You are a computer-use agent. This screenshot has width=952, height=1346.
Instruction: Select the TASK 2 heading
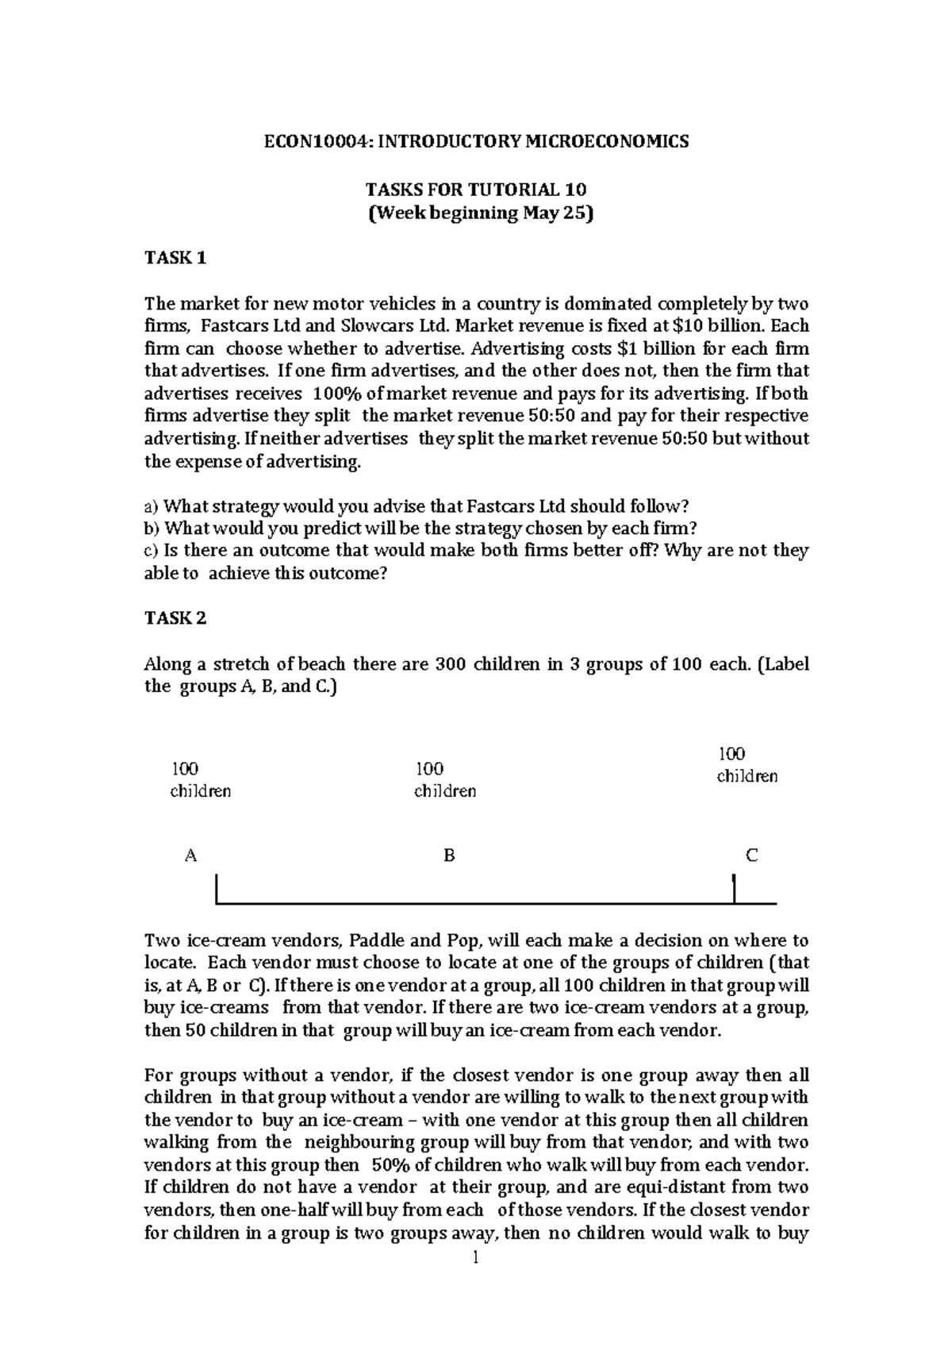tap(175, 618)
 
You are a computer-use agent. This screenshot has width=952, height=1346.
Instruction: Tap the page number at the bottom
tap(475, 1258)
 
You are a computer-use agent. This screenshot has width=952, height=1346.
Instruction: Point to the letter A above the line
tap(190, 856)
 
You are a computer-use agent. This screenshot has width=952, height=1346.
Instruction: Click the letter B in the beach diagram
tap(449, 856)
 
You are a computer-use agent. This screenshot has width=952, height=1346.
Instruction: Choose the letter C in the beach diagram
tap(751, 856)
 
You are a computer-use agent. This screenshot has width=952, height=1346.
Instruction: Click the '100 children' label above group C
tap(747, 765)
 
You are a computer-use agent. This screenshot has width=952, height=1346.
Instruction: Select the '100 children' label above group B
tap(445, 780)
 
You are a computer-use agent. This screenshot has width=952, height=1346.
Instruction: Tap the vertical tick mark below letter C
tap(735, 888)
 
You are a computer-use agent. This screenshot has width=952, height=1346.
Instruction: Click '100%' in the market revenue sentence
tap(338, 394)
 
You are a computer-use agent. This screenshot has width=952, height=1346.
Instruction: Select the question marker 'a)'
tap(151, 506)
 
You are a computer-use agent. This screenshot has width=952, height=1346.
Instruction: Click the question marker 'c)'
tap(151, 551)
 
